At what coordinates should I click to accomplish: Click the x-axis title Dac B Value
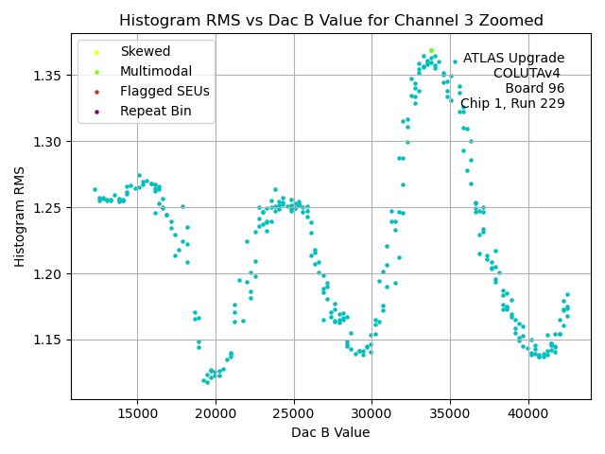point(331,432)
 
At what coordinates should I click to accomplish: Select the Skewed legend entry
point(145,51)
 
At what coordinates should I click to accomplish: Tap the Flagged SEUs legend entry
point(164,91)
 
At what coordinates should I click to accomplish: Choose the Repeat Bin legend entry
point(155,111)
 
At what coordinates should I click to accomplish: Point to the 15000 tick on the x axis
point(137,413)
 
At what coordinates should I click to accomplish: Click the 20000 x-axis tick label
point(216,413)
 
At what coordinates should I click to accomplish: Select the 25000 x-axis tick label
point(293,413)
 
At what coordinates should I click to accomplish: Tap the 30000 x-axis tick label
point(372,413)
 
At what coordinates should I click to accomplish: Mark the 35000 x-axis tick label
point(449,413)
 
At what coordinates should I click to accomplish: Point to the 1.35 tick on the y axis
point(49,76)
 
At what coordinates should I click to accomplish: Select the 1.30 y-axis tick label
point(49,142)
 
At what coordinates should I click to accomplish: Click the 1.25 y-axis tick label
point(49,208)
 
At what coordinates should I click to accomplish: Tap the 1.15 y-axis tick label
point(49,340)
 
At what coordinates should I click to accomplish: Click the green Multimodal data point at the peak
point(431,50)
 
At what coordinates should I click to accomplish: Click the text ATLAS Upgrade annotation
point(513,59)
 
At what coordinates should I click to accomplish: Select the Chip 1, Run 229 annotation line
point(512,103)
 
